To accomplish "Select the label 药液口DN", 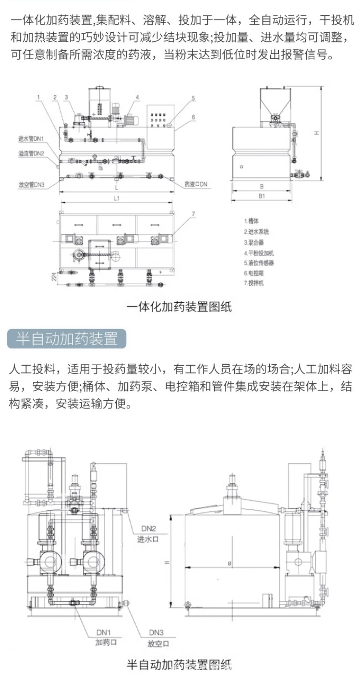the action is (196, 184).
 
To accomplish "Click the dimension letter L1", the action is (117, 198).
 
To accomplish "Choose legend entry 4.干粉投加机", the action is (259, 252).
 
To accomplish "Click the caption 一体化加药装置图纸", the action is (179, 306).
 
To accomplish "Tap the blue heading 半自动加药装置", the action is (67, 339).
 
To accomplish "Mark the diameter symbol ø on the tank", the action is (230, 564).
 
